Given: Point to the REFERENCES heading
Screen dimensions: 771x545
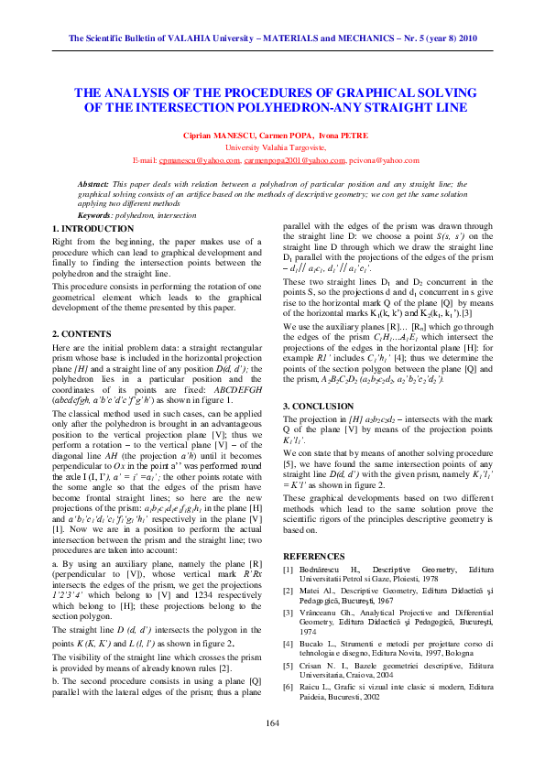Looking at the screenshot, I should (x=314, y=556).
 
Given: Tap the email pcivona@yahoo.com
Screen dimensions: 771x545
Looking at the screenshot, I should (x=384, y=160).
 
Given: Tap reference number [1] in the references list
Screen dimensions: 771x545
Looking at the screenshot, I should (x=289, y=569).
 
